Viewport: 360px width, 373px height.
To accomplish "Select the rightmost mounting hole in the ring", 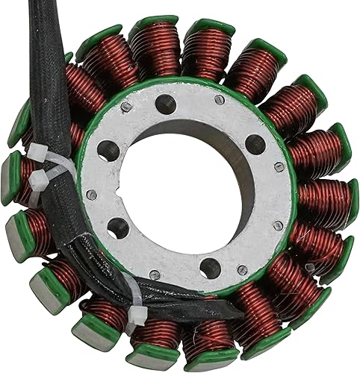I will click(255, 144).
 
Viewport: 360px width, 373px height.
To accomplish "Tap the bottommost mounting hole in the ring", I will click(210, 266).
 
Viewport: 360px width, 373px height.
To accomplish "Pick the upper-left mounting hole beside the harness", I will click(108, 148).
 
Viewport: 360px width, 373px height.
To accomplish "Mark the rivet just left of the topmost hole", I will click(127, 107).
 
